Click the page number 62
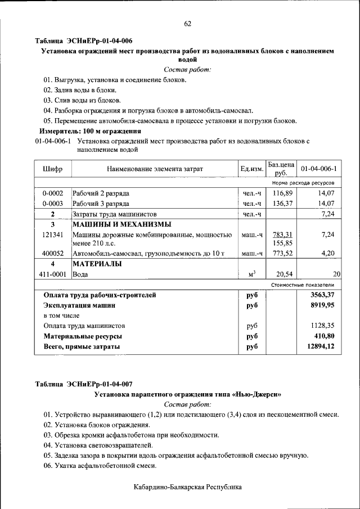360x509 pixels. point(187,23)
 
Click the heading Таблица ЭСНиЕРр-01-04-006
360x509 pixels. point(84,41)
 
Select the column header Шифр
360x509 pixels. point(52,169)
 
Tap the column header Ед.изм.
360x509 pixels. point(251,169)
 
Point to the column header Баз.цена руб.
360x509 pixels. point(281,169)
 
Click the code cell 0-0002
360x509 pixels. point(53,193)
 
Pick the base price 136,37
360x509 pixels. point(282,204)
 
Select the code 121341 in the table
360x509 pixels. point(53,234)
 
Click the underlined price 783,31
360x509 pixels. point(282,234)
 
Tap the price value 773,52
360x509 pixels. point(282,254)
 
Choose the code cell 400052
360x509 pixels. point(53,254)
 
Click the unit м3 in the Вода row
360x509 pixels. point(251,274)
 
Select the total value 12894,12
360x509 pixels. point(321,346)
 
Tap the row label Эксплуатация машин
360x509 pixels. point(79,305)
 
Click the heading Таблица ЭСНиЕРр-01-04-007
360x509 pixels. point(84,384)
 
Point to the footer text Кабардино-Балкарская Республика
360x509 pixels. point(187,487)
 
